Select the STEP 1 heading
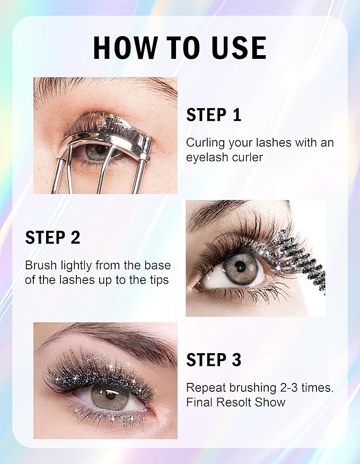coord(214,115)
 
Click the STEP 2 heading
coord(52,238)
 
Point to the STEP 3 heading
coord(214,360)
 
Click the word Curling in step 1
coord(203,143)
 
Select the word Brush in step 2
coord(39,265)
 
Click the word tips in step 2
coord(158,279)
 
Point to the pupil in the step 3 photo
coord(111,396)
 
